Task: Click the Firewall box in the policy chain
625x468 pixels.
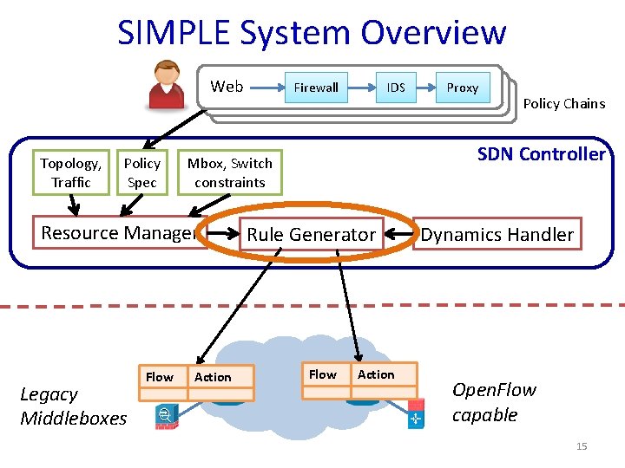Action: coord(316,88)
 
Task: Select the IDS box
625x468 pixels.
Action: coord(396,88)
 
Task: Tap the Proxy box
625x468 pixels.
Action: coord(463,88)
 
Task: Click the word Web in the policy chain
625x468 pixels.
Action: coord(227,87)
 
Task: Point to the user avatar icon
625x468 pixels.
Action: coord(167,84)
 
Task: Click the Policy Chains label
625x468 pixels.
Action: coord(564,103)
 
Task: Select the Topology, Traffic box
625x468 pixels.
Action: coord(71,172)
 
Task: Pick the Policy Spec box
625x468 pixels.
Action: coord(142,172)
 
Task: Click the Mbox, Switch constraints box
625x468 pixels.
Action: coord(230,172)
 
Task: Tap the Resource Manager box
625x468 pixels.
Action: coord(120,232)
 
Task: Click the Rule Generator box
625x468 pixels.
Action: coord(312,234)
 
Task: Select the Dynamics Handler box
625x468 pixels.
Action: coord(497,234)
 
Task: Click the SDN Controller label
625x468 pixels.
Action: coord(542,154)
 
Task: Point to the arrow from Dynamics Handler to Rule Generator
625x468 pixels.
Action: coord(399,234)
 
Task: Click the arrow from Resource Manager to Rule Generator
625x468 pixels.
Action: coord(223,233)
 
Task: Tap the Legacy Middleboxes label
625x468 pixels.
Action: coord(73,406)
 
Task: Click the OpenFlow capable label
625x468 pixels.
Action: coord(494,402)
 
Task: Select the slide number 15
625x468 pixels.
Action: coord(582,446)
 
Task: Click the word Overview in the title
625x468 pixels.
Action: coord(433,32)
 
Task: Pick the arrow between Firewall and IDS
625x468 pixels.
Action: coord(362,88)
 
